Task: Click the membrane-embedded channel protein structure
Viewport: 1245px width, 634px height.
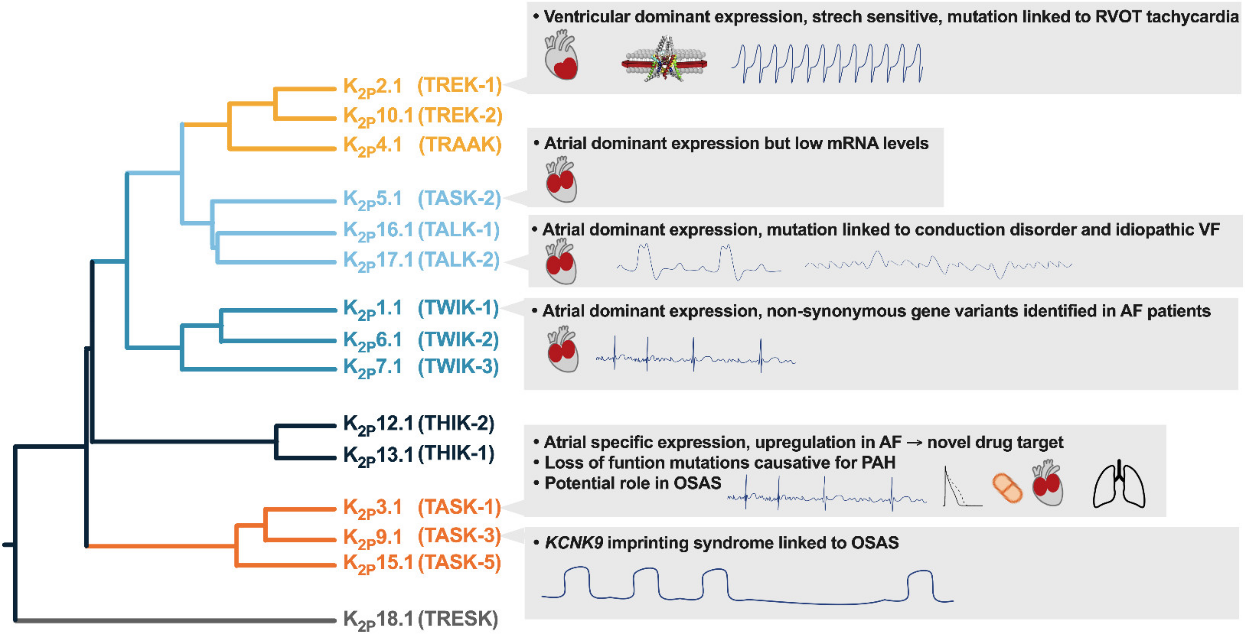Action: tap(665, 60)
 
